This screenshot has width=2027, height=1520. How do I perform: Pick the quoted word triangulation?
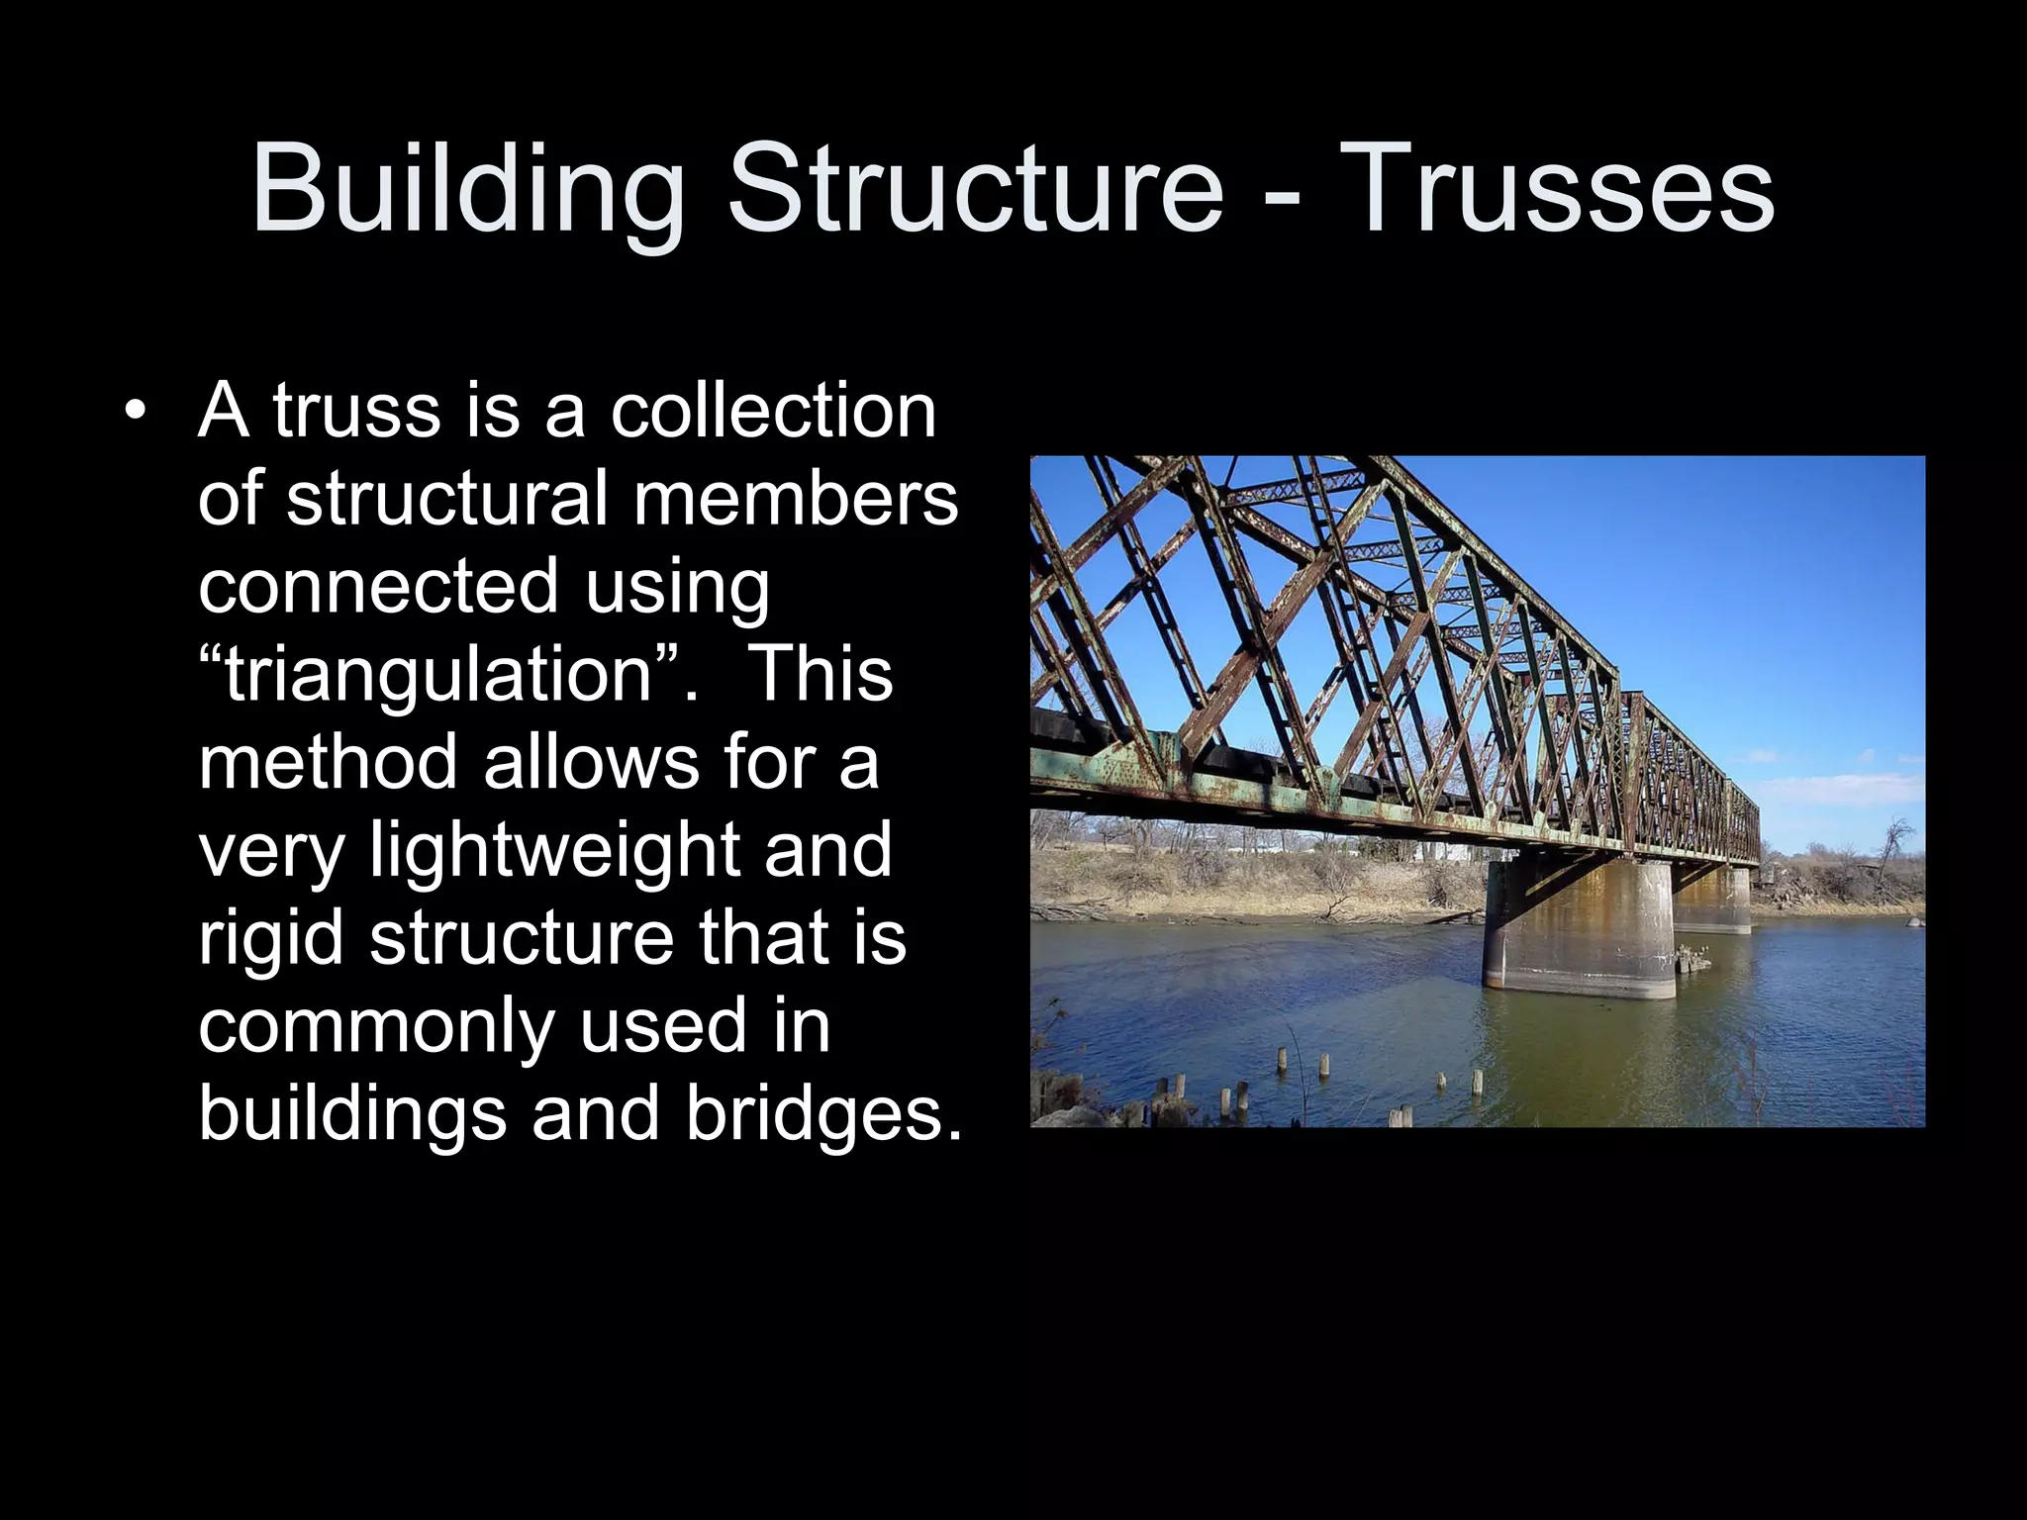pyautogui.click(x=439, y=674)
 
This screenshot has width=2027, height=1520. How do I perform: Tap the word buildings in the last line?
pyautogui.click(x=352, y=1113)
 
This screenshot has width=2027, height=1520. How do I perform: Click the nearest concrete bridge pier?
pyautogui.click(x=1582, y=930)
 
